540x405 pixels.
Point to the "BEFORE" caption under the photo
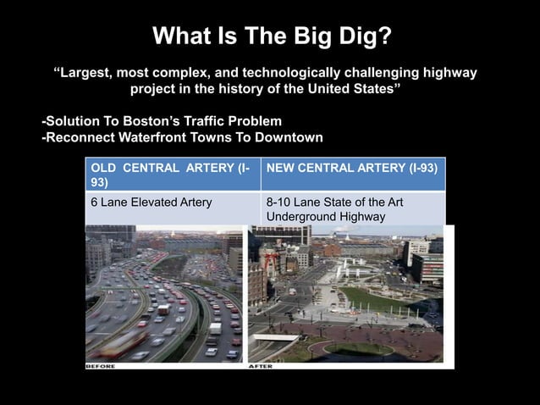point(101,366)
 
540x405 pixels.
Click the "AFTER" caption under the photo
point(261,366)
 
